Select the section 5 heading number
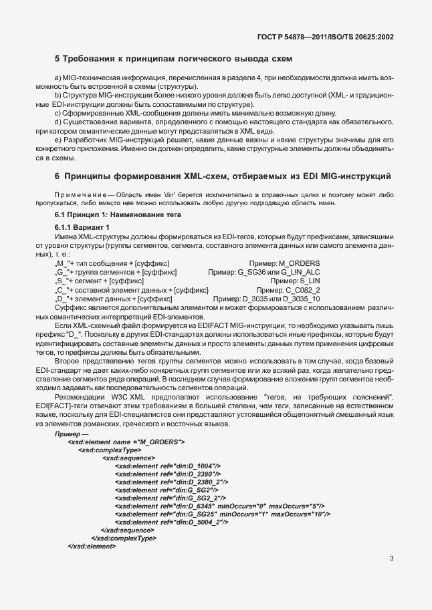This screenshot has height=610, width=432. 58,59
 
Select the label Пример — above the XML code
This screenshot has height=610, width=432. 70,434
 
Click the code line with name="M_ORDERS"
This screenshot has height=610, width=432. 126,442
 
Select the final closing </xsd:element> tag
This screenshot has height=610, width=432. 92,546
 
